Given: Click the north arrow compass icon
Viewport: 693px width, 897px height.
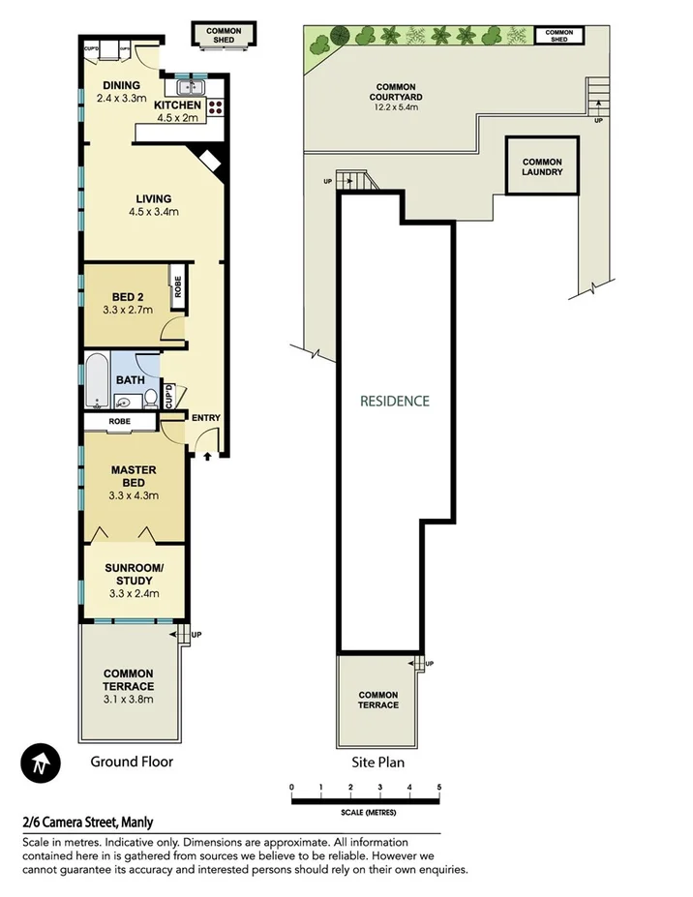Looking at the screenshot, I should pos(41,763).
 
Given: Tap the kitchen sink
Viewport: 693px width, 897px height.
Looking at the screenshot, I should pos(184,87).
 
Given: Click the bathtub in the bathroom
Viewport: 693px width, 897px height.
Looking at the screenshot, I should pos(96,383).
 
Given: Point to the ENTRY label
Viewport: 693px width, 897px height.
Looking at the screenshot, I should pos(206,418).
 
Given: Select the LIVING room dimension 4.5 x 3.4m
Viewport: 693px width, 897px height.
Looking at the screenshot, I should pos(153,213).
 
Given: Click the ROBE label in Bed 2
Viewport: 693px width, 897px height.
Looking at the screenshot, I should pos(179,286).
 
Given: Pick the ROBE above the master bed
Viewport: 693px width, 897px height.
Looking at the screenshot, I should pos(120,422).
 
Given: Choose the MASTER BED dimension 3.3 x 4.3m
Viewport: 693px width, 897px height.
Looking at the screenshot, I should pos(134,495).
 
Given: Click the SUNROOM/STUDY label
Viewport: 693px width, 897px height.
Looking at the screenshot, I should pos(134,574).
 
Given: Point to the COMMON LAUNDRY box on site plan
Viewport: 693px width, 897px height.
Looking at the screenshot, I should pos(542,166).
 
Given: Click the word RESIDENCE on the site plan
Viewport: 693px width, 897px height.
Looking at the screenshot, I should pos(394,401).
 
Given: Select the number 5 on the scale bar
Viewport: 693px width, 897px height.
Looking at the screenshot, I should pos(438,787).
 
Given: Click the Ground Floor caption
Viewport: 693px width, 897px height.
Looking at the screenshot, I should pos(132,762).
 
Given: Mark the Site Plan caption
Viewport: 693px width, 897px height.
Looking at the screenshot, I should pos(378,762).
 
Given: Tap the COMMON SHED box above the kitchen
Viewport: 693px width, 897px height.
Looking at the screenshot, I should pos(224,35).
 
